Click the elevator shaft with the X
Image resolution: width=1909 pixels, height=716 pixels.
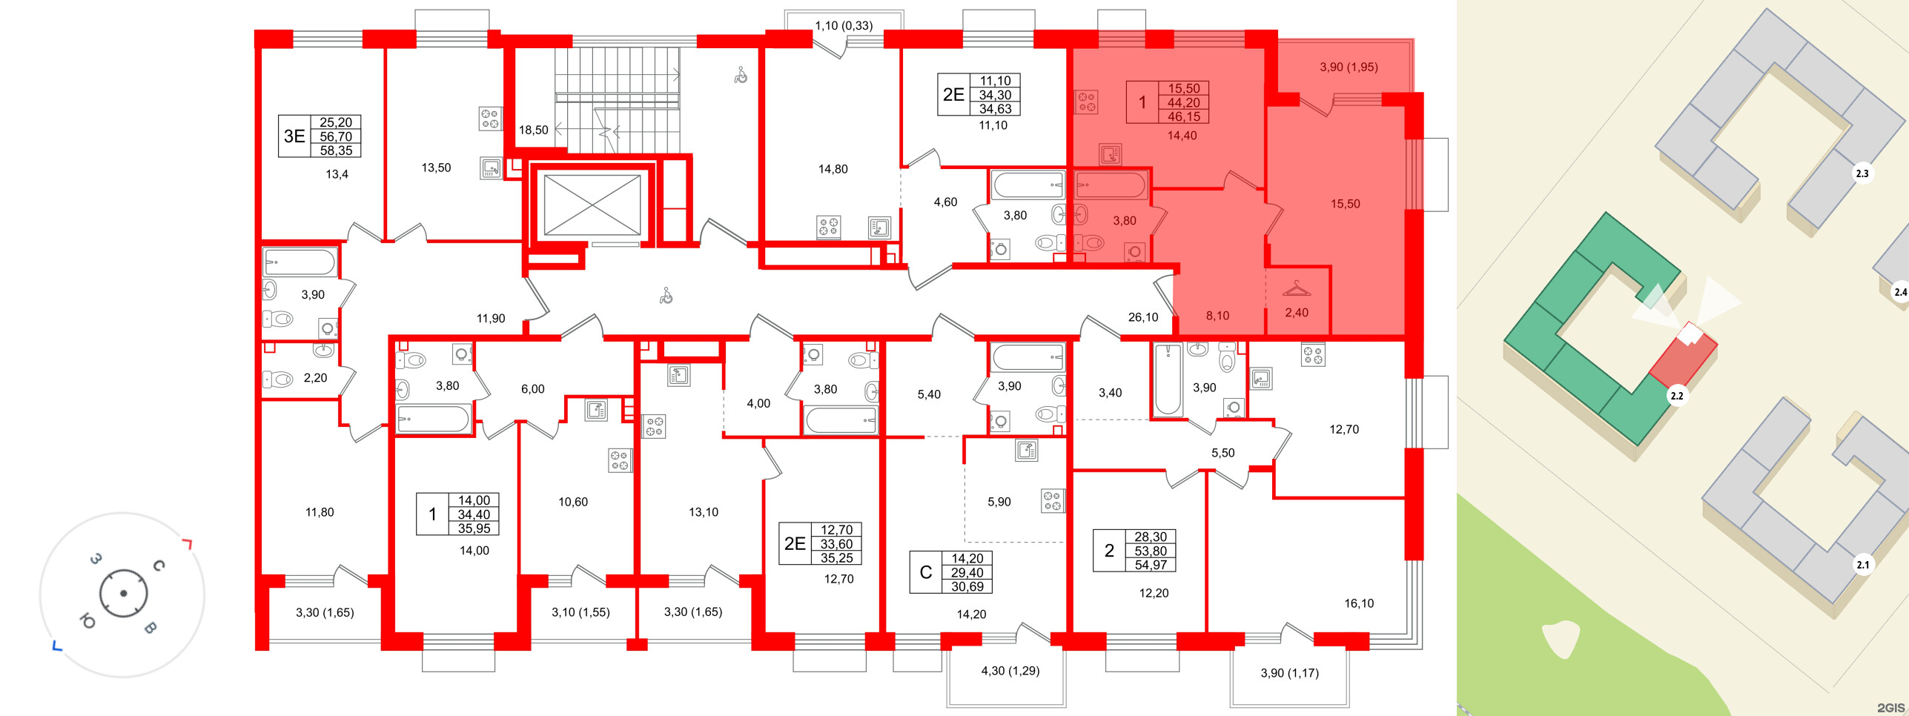592,205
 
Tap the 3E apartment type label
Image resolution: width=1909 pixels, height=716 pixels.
294,136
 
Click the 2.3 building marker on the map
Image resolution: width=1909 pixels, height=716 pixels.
1862,173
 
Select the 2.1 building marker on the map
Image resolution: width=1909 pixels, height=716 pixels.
1862,565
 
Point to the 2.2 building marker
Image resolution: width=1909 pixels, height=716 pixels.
1676,396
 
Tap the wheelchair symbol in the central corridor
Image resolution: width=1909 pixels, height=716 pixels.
666,296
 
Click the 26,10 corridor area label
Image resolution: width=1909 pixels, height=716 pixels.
1142,317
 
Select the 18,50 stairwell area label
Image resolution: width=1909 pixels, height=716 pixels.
533,130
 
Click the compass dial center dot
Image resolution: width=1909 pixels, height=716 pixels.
123,593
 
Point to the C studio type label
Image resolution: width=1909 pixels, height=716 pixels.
925,572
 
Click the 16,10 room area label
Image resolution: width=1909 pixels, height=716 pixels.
1358,603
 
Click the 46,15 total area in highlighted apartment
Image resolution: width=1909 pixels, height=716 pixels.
1183,117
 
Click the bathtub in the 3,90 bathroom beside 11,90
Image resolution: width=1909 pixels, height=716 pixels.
300,262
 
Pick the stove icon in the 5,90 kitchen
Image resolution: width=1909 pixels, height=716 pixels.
1052,501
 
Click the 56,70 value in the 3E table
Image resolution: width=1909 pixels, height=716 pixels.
336,136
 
